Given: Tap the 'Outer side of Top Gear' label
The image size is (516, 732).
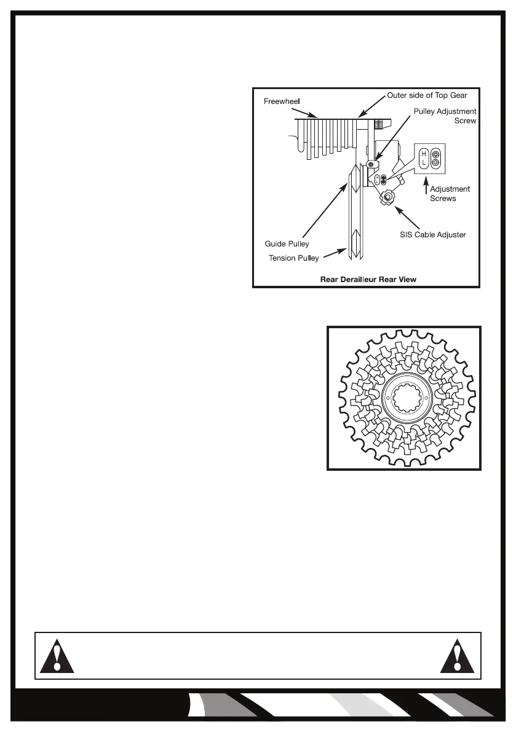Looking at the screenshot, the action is (427, 95).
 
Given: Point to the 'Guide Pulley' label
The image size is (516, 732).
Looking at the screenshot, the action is (287, 244).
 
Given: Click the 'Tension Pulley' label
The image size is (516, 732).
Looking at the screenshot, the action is (293, 258).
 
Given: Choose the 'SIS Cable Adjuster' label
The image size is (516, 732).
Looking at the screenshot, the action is (433, 235).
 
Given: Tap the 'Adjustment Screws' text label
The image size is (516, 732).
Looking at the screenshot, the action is (450, 194).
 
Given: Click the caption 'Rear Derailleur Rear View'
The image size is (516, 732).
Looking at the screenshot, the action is (368, 279).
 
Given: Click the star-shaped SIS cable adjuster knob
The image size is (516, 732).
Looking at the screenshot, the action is (388, 197).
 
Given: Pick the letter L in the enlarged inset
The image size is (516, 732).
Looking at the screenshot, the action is (424, 163).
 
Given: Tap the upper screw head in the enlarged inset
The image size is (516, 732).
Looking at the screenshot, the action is (435, 154).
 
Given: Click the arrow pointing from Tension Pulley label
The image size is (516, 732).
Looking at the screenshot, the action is (333, 253).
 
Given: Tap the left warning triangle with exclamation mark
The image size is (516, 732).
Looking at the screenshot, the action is (57, 656).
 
